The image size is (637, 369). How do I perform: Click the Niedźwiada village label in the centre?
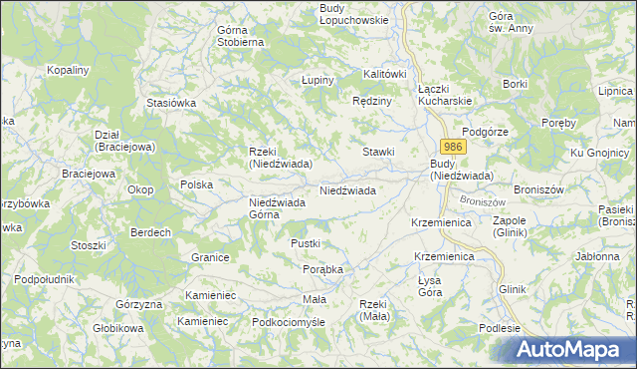(x=346, y=189)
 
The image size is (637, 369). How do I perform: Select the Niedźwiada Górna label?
(x=277, y=208)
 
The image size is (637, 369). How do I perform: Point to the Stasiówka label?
(x=170, y=103)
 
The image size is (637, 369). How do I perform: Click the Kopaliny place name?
(x=69, y=71)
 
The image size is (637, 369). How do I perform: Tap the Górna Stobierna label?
(x=240, y=36)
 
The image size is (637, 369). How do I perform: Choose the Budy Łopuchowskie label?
(x=352, y=15)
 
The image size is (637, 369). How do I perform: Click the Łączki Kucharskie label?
(x=444, y=96)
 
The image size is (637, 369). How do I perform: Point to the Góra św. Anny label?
(x=512, y=22)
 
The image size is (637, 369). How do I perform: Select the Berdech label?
(x=150, y=232)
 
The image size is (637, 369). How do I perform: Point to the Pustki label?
(x=305, y=243)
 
